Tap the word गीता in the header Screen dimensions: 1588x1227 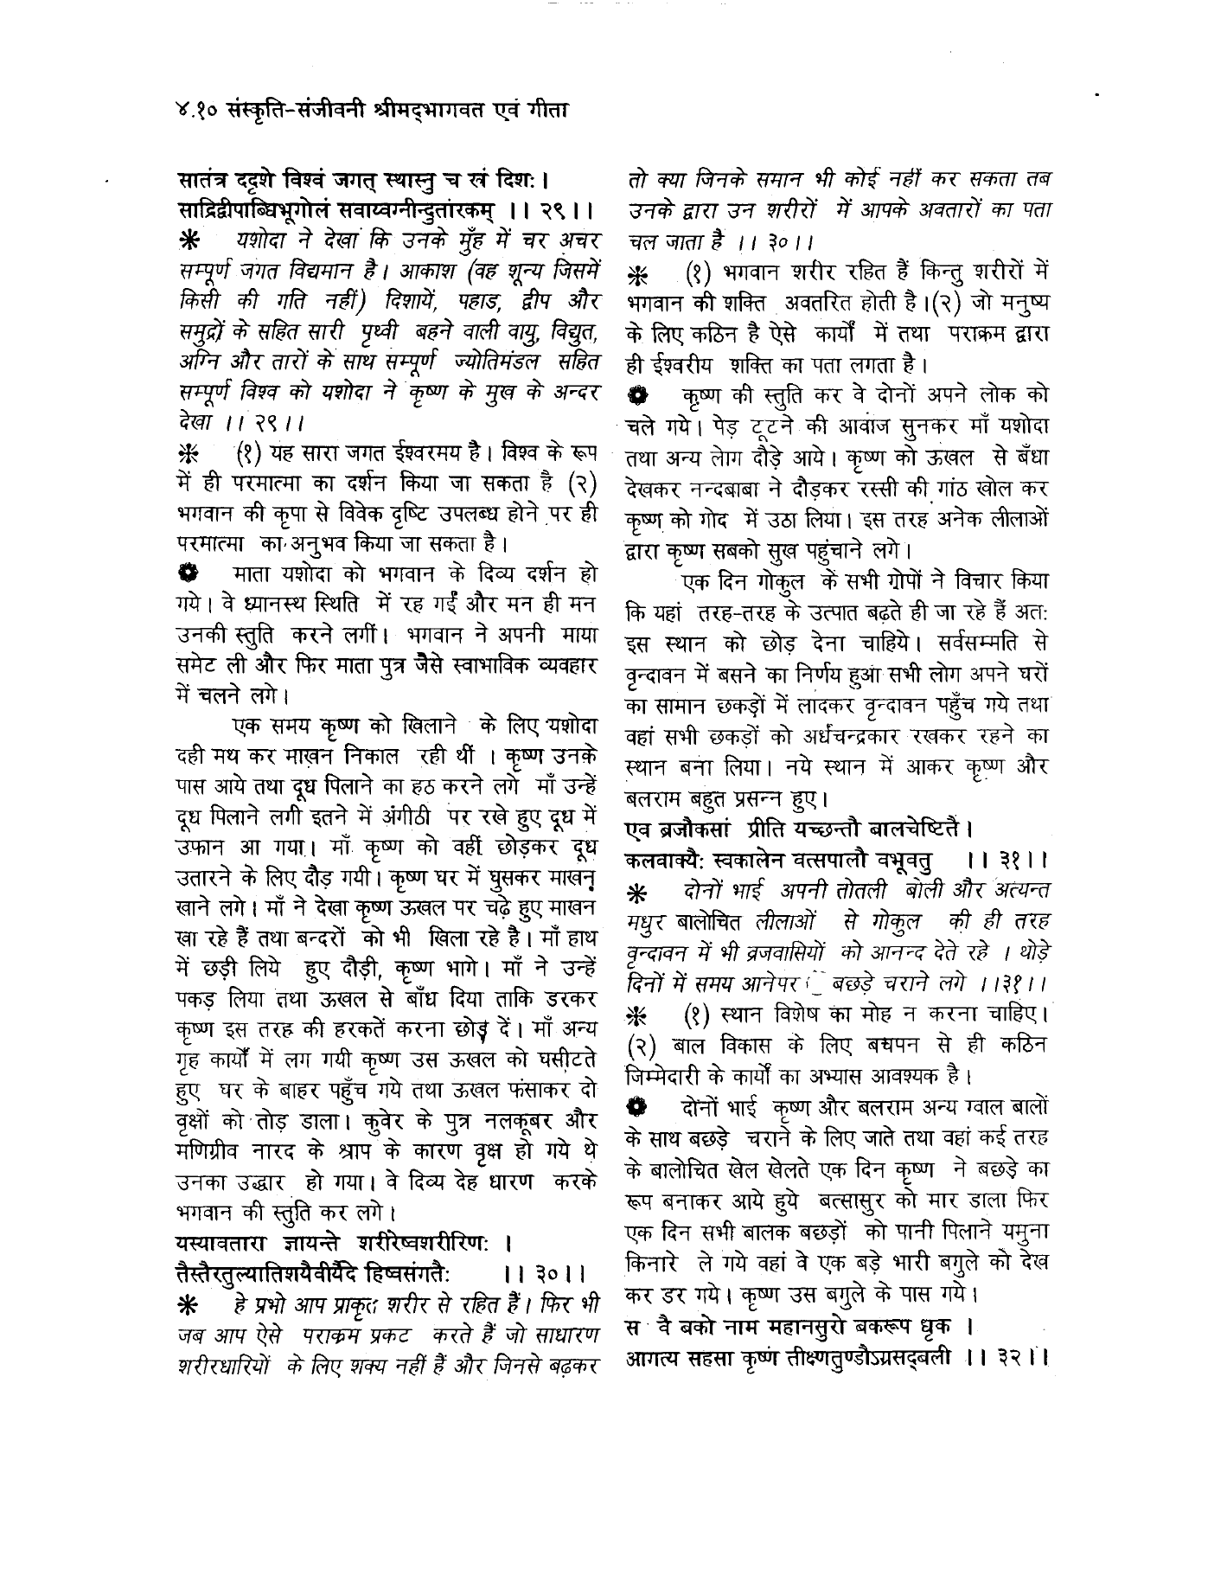[x=543, y=110]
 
